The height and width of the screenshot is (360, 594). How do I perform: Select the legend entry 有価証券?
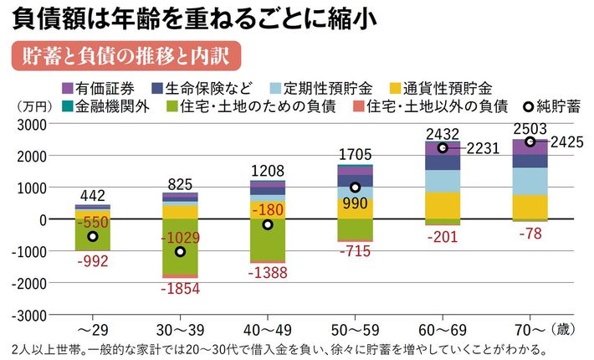pos(100,88)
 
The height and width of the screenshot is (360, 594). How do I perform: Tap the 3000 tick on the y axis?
pos(32,124)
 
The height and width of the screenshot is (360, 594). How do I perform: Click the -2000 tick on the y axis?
pos(28,283)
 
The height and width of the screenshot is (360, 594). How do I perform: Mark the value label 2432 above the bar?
pos(443,133)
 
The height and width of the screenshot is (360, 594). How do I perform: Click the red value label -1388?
pos(267,271)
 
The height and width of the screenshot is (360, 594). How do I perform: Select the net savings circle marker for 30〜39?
pos(179,251)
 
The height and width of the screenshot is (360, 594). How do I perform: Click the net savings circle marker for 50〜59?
pos(355,188)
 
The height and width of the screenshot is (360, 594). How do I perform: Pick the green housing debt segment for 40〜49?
pos(267,239)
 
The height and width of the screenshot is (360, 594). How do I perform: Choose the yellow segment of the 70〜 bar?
pos(530,206)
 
